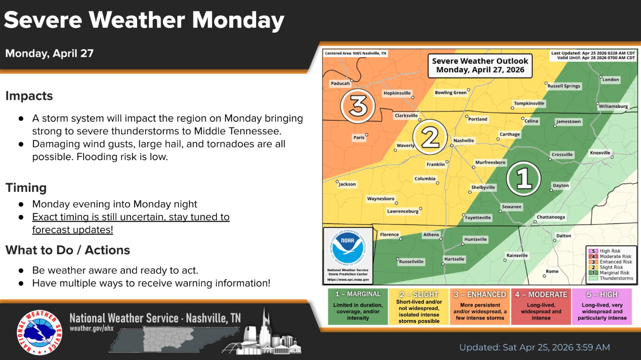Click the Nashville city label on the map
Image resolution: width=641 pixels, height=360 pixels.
tap(464, 140)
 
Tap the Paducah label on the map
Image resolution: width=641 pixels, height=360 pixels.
tap(340, 84)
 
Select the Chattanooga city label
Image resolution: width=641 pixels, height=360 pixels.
tap(551, 217)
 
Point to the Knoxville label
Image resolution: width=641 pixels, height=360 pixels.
tap(600, 153)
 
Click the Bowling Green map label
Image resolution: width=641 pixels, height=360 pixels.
tap(450, 92)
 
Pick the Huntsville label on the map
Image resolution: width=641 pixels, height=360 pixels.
tap(475, 240)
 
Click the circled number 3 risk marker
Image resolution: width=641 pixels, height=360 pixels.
tap(358, 106)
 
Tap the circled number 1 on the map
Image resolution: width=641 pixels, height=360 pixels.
tap(523, 179)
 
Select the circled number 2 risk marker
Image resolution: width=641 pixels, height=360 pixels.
tap(430, 137)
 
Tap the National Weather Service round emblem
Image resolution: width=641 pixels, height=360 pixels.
tap(40, 333)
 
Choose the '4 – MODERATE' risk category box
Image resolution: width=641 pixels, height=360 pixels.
tap(541, 307)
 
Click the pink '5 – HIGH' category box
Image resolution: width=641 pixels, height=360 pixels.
tap(602, 307)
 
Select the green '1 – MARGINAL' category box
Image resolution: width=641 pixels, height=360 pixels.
tap(358, 307)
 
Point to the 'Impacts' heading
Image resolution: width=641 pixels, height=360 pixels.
tap(29, 96)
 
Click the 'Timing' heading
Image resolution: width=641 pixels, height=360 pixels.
tap(26, 188)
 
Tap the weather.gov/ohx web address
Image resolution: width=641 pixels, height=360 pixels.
tap(92, 328)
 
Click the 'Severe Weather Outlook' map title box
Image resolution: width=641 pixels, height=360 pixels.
tap(480, 66)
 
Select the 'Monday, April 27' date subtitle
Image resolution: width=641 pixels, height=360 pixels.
tap(49, 53)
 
